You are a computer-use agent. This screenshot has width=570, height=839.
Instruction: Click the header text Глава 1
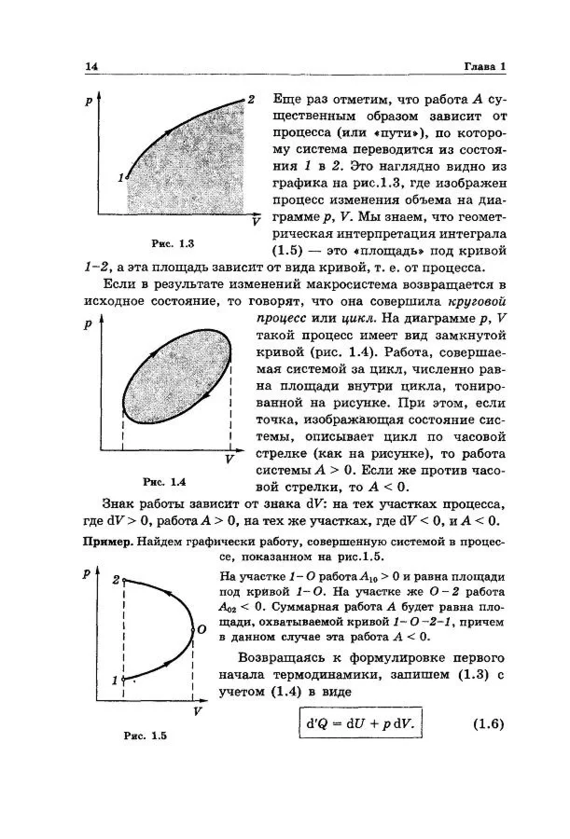coord(485,67)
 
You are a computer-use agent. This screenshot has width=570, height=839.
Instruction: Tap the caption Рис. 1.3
coord(174,245)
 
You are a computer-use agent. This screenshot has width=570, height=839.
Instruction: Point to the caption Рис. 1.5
coord(145,736)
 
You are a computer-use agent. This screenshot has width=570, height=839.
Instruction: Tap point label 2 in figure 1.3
coord(251,98)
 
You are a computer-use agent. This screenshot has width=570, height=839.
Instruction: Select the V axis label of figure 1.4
coord(229,460)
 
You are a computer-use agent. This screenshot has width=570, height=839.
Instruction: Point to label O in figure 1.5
coord(200,631)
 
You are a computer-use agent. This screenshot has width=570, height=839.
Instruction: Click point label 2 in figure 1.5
coord(116,580)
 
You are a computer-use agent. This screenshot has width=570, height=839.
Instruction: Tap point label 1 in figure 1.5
coord(116,681)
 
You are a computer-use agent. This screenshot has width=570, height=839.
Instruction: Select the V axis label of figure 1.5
coord(198,711)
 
